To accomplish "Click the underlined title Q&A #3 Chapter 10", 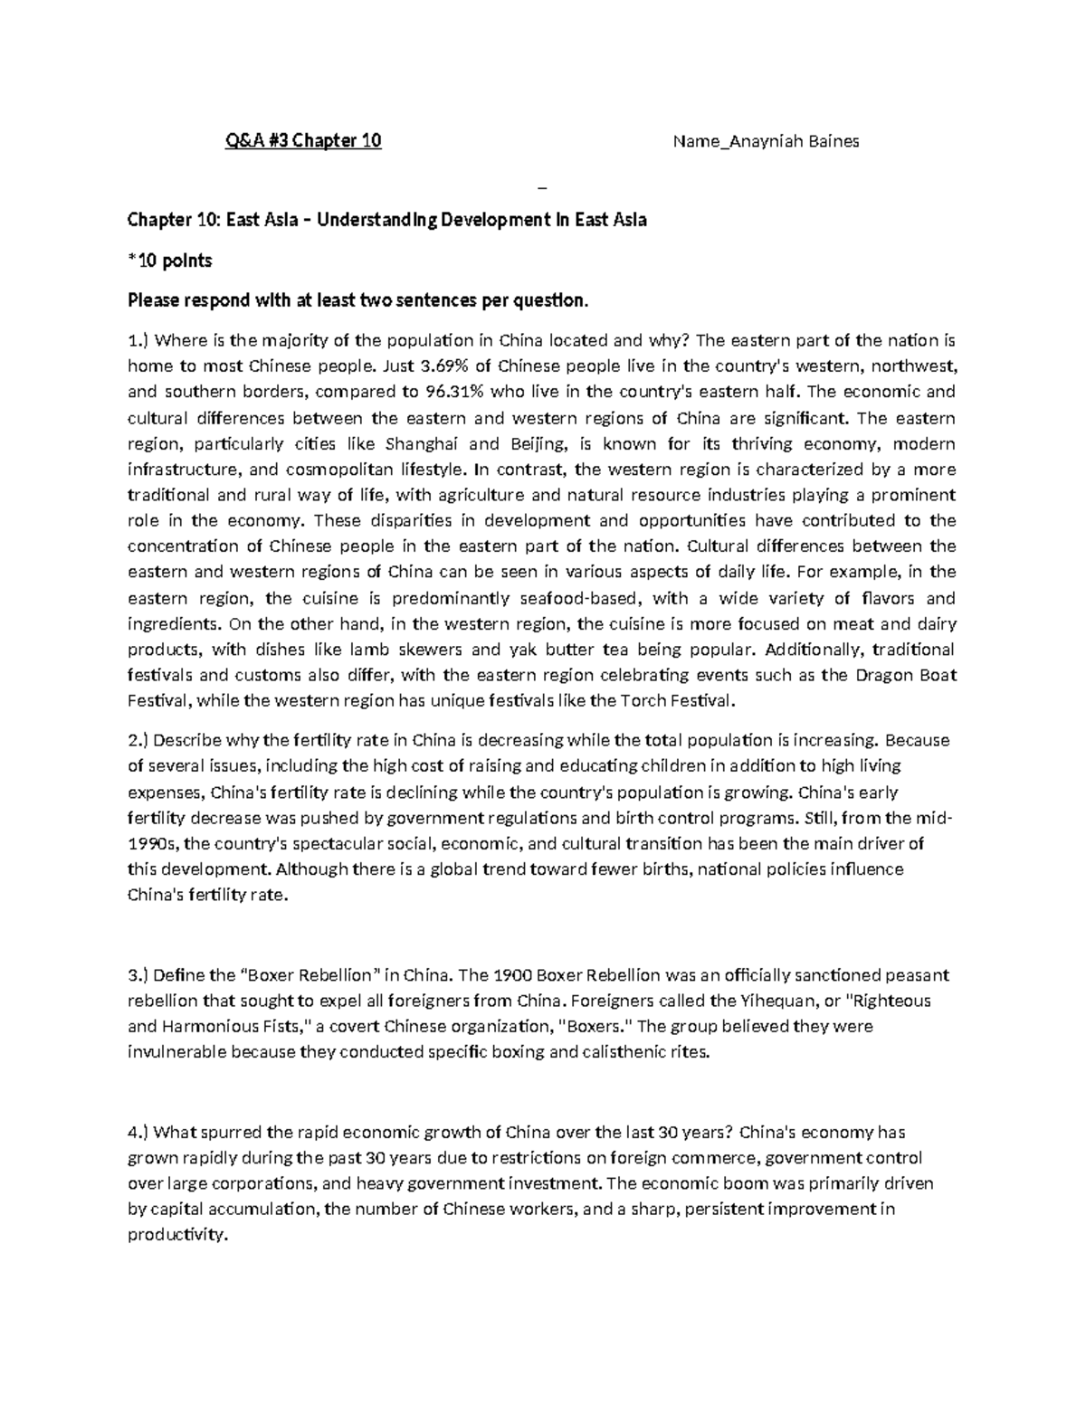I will pyautogui.click(x=303, y=141).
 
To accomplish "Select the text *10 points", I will pyautogui.click(x=169, y=261).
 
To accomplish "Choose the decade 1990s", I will pyautogui.click(x=154, y=844).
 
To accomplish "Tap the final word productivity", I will pyautogui.click(x=175, y=1235).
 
